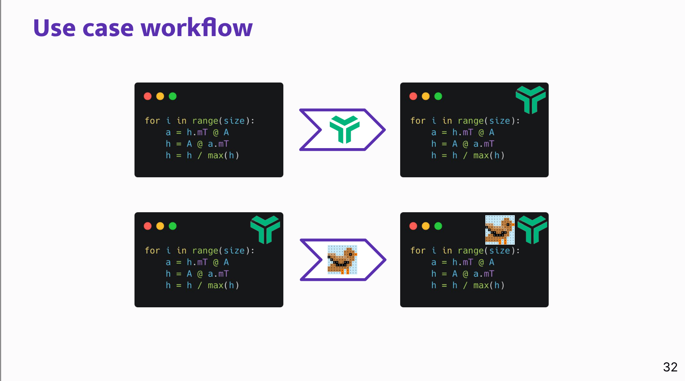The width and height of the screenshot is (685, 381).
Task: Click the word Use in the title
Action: tap(54, 28)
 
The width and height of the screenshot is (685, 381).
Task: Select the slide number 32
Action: tap(670, 367)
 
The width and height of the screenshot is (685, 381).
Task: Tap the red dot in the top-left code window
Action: tap(148, 96)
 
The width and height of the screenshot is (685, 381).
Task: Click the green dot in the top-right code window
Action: tap(438, 96)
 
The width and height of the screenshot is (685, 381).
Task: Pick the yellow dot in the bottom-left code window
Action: tap(160, 226)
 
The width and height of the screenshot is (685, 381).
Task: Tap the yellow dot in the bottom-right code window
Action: tap(426, 226)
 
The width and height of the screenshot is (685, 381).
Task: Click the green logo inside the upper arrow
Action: tap(345, 129)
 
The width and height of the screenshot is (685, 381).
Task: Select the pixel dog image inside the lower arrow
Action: tap(342, 260)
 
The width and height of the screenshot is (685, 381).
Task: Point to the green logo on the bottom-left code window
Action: tap(265, 230)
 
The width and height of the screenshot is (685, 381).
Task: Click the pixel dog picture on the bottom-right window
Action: tap(500, 230)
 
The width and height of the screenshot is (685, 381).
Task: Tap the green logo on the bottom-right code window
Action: tap(532, 230)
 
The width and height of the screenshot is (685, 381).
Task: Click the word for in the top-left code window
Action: tap(152, 121)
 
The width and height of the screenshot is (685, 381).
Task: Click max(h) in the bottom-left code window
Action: tap(223, 285)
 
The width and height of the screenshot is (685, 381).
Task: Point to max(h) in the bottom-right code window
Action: tap(489, 285)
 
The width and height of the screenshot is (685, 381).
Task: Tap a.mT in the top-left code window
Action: tap(218, 144)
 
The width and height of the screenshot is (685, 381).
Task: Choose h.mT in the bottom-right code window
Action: tap(462, 262)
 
